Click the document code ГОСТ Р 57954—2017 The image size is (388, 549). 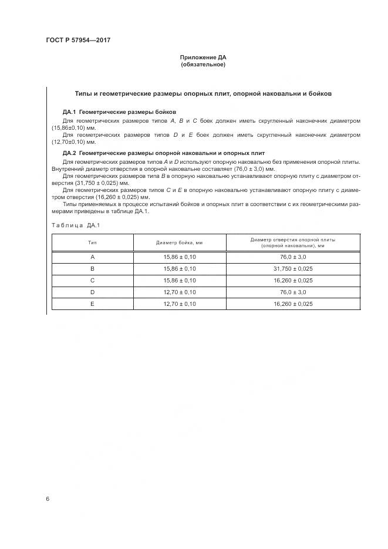78,41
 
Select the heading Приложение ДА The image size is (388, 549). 203,57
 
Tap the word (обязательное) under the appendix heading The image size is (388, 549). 203,65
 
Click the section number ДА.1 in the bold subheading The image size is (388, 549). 69,112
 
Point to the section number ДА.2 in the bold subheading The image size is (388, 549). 69,153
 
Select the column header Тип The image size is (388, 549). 92,242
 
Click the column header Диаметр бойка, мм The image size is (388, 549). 179,242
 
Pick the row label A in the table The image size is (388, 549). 92,257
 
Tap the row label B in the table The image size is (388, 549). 92,269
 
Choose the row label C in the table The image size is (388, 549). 92,281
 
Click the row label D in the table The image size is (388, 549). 92,292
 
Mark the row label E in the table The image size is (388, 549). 92,304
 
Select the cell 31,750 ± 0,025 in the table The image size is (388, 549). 293,269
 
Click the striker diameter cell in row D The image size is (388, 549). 179,292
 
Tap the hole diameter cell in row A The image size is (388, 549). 293,257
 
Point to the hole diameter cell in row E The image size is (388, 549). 293,304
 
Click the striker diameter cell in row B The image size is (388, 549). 179,269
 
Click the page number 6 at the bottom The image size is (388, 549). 48,499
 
